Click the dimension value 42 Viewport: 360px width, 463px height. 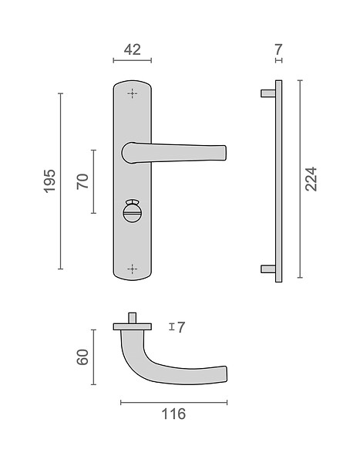(x=132, y=49)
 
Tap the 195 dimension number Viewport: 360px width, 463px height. (x=49, y=181)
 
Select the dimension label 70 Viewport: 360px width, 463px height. (x=82, y=181)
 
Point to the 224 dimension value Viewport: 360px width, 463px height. (x=311, y=179)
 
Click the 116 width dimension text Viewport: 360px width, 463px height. (x=173, y=414)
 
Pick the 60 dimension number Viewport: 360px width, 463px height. (x=82, y=357)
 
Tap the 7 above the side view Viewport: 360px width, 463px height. (x=278, y=49)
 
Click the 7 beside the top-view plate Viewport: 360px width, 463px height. (x=181, y=327)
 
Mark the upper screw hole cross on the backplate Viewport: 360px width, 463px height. (x=133, y=93)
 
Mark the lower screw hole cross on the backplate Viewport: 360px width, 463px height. (x=133, y=269)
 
